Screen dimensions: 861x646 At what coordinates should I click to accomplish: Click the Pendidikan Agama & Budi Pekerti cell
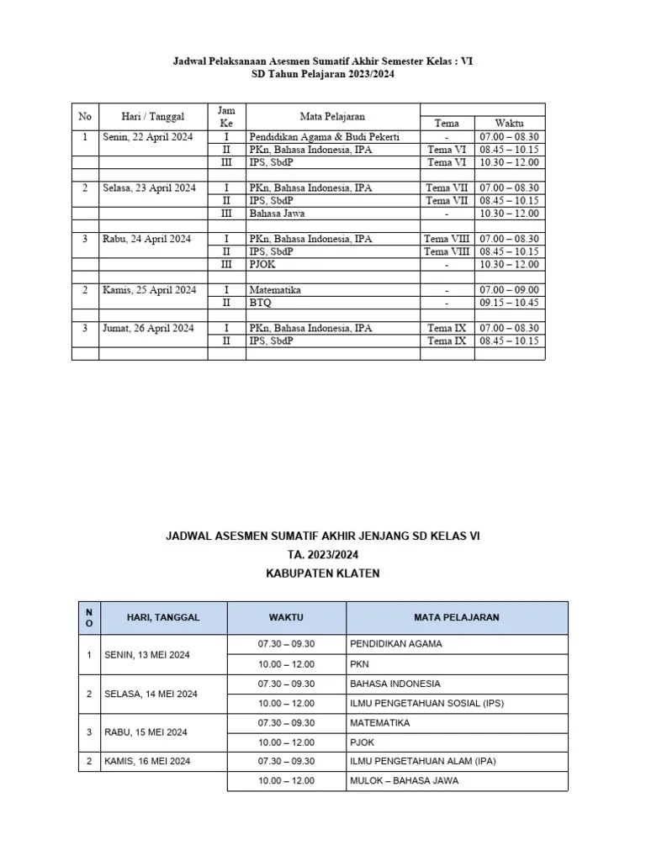click(x=324, y=136)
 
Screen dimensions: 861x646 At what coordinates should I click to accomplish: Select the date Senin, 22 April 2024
click(x=147, y=136)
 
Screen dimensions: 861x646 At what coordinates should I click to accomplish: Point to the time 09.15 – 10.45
click(x=510, y=303)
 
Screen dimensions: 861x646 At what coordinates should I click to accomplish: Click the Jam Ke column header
click(x=226, y=117)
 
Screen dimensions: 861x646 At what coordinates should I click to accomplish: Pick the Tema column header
click(x=447, y=123)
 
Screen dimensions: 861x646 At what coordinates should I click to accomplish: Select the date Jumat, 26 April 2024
click(x=149, y=328)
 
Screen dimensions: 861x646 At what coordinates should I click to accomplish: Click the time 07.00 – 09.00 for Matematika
click(x=510, y=290)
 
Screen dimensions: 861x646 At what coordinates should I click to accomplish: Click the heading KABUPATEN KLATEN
click(x=323, y=573)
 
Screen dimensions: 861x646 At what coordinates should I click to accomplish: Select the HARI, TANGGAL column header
click(x=163, y=617)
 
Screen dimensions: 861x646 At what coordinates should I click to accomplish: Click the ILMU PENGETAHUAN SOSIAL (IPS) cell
click(x=426, y=703)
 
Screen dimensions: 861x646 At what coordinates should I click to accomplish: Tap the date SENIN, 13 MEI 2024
click(x=146, y=654)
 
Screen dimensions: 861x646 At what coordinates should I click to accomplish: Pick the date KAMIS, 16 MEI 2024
click(x=147, y=761)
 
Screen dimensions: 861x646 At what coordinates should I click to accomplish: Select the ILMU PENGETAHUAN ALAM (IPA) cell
click(x=423, y=761)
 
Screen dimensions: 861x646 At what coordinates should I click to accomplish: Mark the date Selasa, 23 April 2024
click(x=149, y=188)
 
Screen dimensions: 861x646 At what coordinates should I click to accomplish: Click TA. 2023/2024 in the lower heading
click(x=323, y=555)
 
